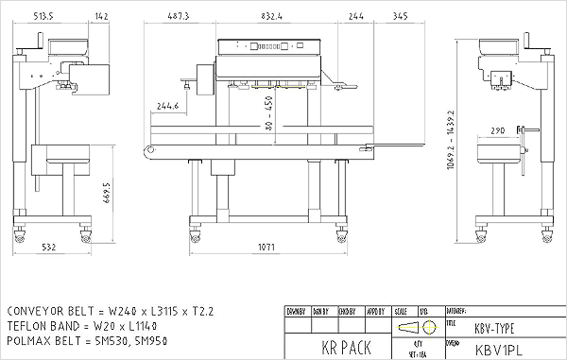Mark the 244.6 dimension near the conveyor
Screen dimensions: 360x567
169,106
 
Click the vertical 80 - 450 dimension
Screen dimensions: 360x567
268,113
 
